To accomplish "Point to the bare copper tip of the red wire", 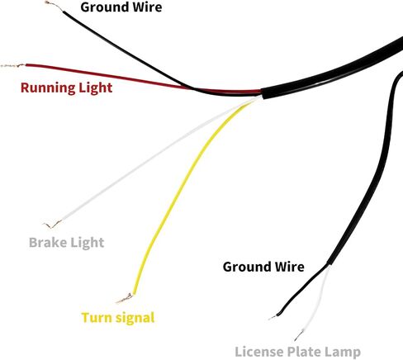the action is coord(13,66).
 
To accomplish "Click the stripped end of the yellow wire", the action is coord(126,298).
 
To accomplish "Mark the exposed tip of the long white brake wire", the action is coord(52,225).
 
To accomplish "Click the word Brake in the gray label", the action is coord(48,243).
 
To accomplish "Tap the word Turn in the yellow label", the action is coord(97,317).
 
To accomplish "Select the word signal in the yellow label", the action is coord(135,318).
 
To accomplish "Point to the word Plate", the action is coord(305,352).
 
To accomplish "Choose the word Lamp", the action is coord(343,353).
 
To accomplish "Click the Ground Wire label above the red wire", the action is coord(121,7).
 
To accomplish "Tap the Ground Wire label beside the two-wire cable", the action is coord(263,267).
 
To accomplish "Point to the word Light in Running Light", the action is coord(96,88).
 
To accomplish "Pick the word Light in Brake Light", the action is coord(88,243).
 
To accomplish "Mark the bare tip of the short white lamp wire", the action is coord(299,335).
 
